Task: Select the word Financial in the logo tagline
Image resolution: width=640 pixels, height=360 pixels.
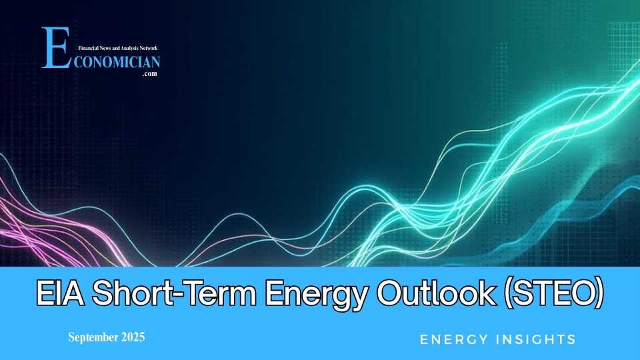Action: pyautogui.click(x=89, y=49)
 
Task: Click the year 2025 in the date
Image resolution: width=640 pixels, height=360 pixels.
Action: pyautogui.click(x=133, y=337)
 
